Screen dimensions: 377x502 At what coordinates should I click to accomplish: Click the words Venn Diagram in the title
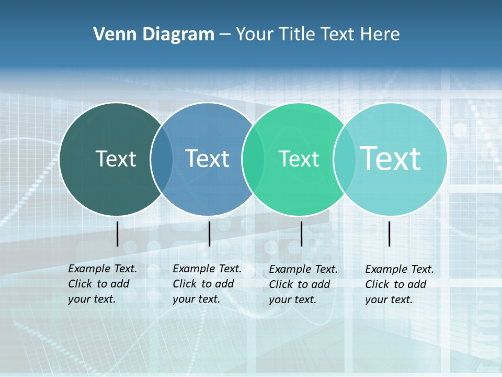coord(154,35)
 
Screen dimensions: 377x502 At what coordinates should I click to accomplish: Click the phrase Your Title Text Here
coord(317,35)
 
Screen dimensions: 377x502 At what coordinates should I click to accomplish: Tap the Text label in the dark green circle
coord(116,159)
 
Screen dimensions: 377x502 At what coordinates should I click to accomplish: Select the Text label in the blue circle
coord(207,159)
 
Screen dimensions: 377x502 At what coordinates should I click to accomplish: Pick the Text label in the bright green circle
coord(299,159)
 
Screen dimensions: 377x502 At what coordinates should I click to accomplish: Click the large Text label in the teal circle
coord(391,159)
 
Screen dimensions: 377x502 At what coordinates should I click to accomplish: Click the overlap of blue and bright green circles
coord(253,159)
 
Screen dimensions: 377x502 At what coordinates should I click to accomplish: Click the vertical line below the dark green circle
coord(118,234)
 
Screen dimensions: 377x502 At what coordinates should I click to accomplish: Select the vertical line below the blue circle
coord(209,234)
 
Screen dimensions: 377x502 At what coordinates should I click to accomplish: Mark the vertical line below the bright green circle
coord(301,234)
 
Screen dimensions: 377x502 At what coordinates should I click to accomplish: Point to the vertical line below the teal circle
coord(390,234)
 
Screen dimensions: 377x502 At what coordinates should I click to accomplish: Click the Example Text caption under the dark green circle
coord(102,269)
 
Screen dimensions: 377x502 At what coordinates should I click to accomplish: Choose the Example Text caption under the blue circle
coord(207,269)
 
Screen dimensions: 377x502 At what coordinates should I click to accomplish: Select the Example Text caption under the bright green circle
coord(303,269)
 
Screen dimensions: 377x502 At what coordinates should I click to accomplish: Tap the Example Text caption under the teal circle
coord(400,269)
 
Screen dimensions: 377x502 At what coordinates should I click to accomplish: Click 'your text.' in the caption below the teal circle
coord(389,300)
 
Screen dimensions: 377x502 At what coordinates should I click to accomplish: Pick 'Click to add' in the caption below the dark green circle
coord(99,284)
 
